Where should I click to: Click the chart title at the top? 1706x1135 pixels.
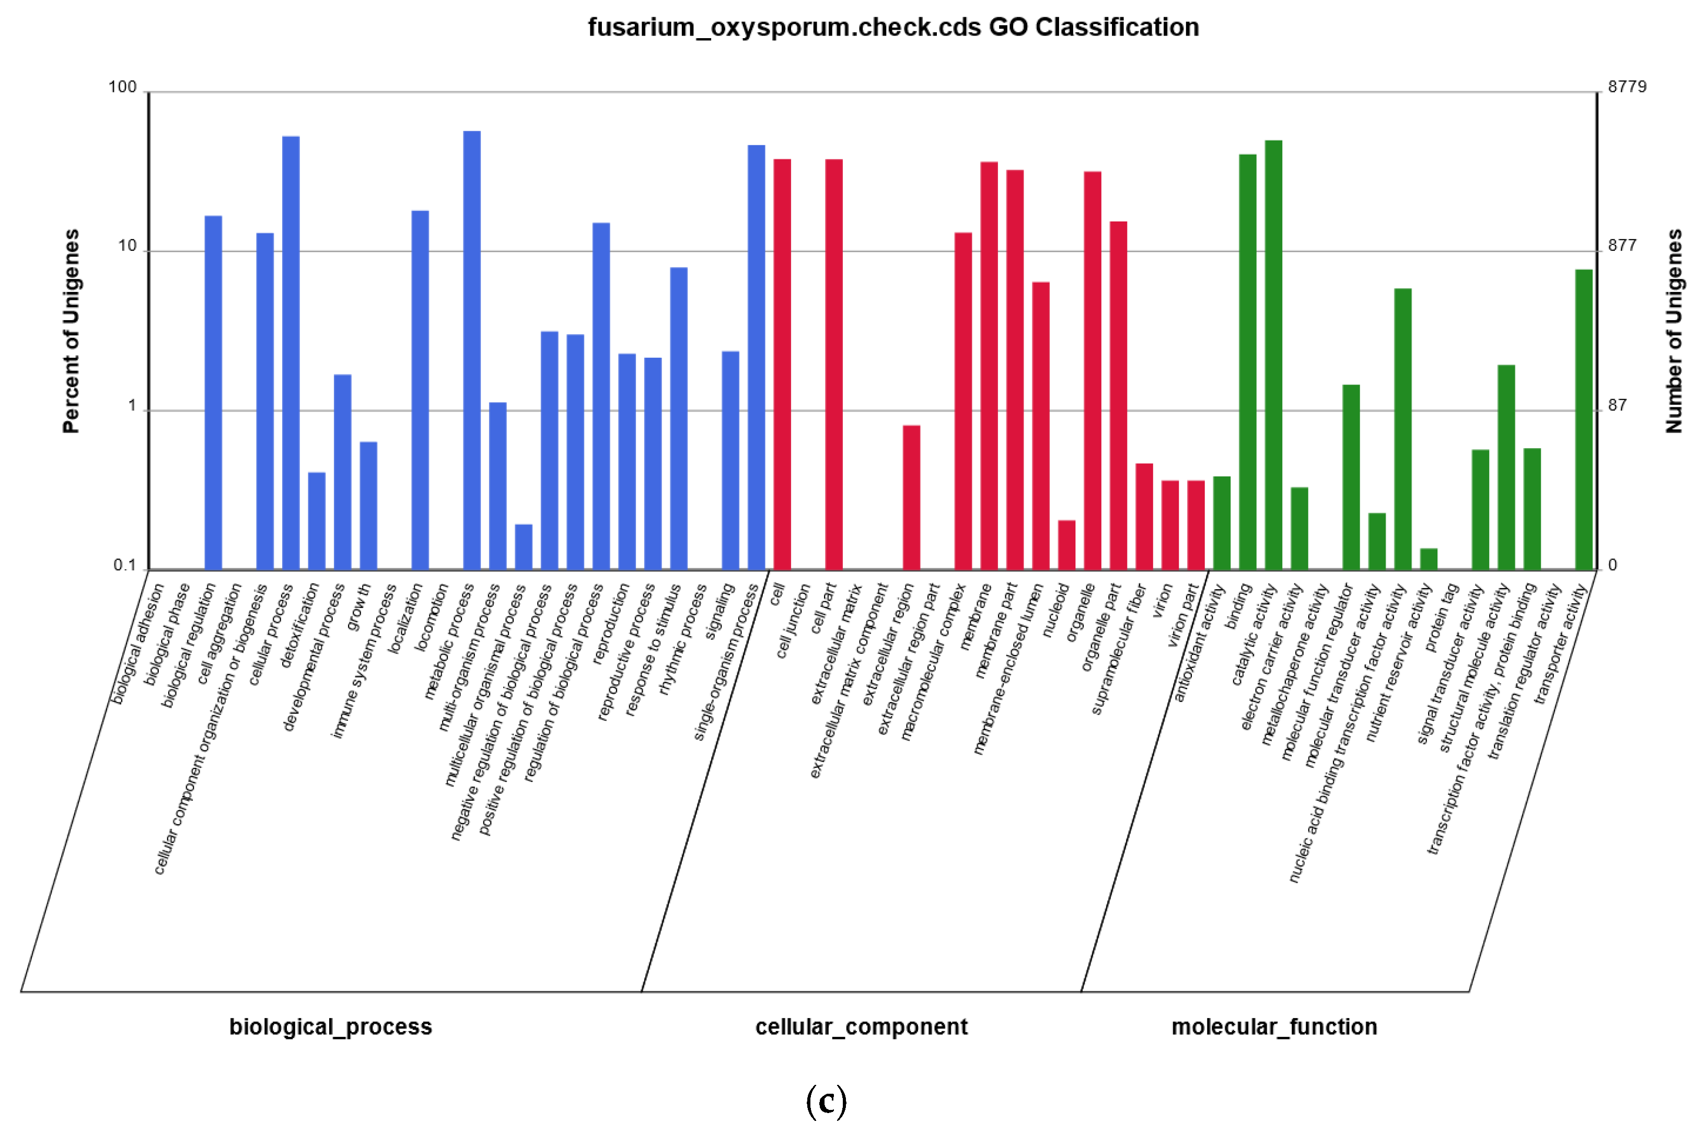(x=893, y=28)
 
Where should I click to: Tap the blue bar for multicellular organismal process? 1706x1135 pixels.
(x=524, y=546)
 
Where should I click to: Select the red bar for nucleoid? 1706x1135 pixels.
(x=1066, y=544)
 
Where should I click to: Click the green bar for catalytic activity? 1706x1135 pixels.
(x=1273, y=355)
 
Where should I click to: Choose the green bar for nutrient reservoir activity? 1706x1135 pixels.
(x=1428, y=559)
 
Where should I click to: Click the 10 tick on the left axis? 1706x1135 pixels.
(x=127, y=246)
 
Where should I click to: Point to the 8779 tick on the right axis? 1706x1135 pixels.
(x=1627, y=87)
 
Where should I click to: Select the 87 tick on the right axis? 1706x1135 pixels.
(x=1617, y=405)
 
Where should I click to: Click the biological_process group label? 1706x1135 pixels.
(x=330, y=1026)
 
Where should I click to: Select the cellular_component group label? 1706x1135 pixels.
(x=861, y=1026)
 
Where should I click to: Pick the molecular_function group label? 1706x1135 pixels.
(x=1274, y=1026)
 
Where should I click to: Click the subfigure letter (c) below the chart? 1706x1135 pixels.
(x=826, y=1101)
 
